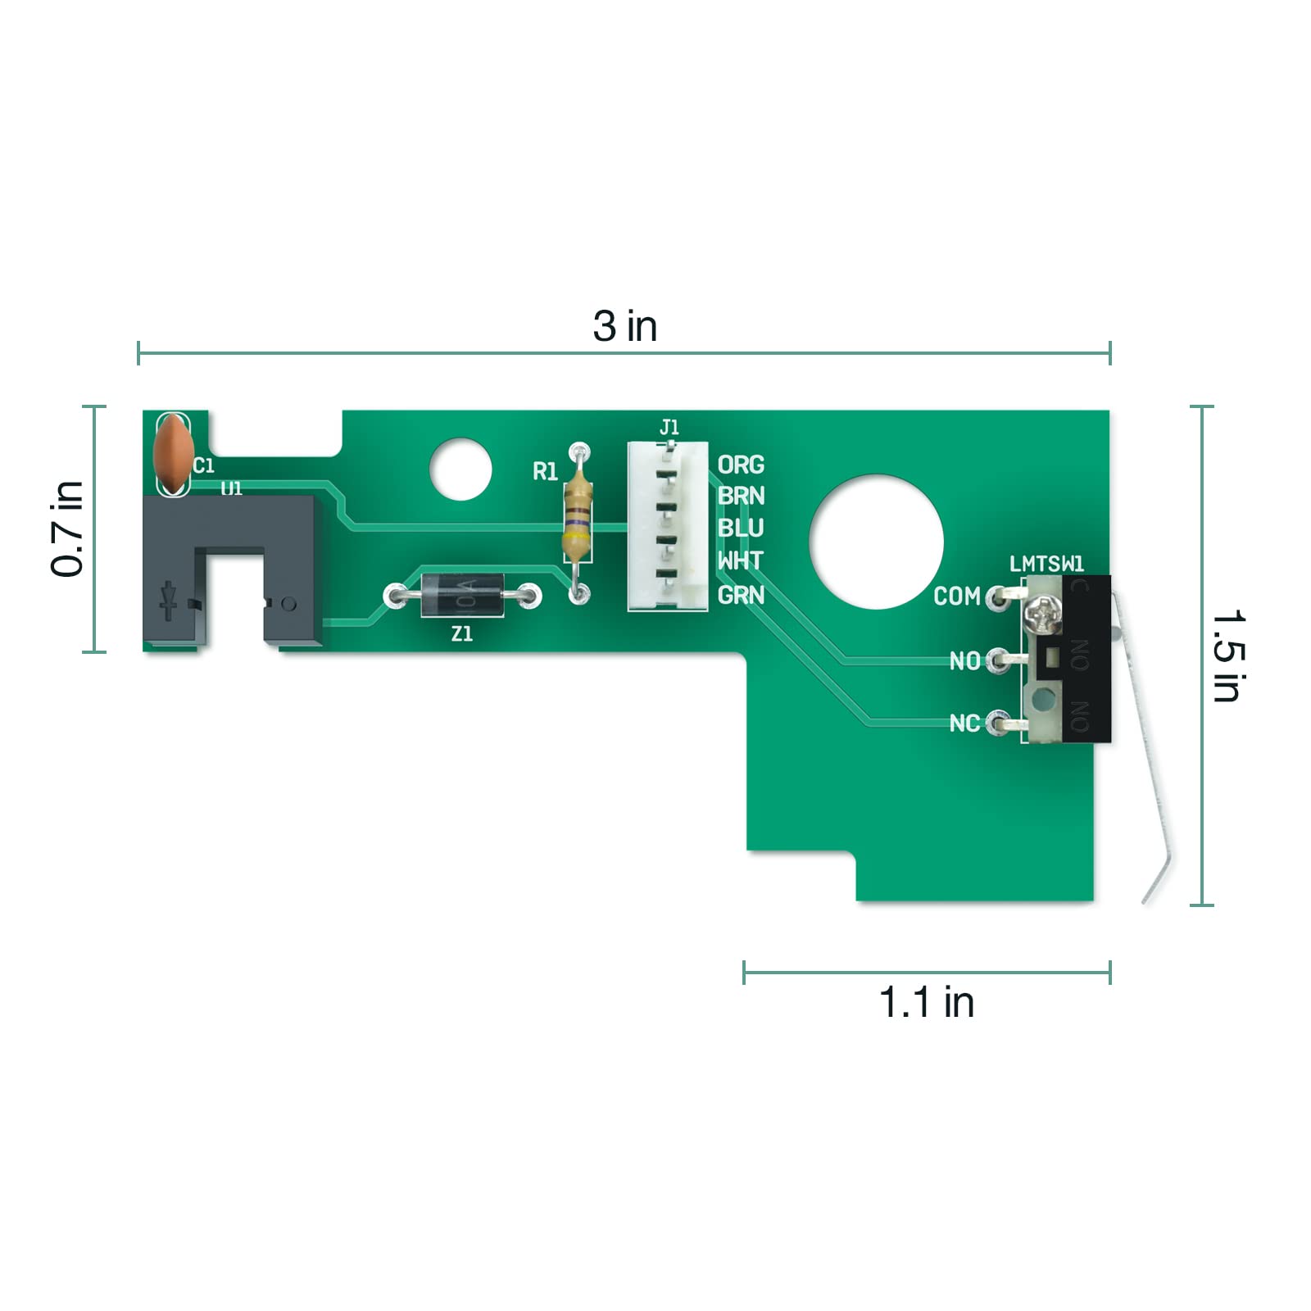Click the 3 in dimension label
pos(625,326)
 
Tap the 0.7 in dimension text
pos(68,529)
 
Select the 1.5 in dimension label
pos(1228,655)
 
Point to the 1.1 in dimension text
pos(927,1002)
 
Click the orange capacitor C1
pos(173,454)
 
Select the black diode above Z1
pos(462,596)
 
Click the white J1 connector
pos(668,526)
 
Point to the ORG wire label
pos(741,465)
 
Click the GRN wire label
pos(741,595)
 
